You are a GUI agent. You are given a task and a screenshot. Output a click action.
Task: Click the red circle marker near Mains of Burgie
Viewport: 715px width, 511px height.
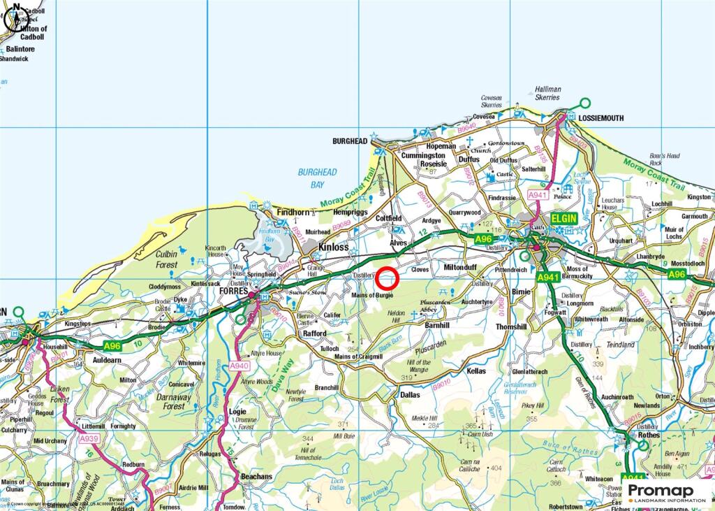tap(388, 279)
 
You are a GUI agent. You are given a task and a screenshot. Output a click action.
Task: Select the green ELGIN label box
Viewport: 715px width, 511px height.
tap(566, 218)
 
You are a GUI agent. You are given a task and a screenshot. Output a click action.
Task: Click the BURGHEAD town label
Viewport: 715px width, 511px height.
tap(350, 141)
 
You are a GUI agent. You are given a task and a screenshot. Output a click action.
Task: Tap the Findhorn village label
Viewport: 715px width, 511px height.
tap(293, 213)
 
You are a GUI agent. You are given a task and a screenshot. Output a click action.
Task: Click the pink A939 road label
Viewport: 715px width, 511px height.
tap(89, 438)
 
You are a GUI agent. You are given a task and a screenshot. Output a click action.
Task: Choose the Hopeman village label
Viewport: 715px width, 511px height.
tap(439, 146)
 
